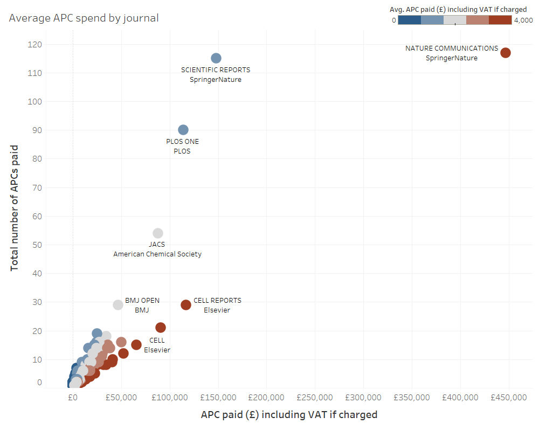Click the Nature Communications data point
click(505, 53)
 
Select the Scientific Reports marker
click(216, 58)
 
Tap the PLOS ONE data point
click(183, 130)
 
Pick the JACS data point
click(158, 233)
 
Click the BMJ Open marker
click(118, 305)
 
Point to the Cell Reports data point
click(186, 305)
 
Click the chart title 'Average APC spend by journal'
click(84, 18)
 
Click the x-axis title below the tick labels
click(289, 415)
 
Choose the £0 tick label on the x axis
click(73, 398)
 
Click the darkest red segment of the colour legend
click(500, 20)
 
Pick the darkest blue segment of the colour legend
click(410, 20)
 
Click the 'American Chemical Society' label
click(157, 254)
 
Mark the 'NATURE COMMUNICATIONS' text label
click(452, 48)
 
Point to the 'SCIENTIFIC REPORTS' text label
click(216, 70)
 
